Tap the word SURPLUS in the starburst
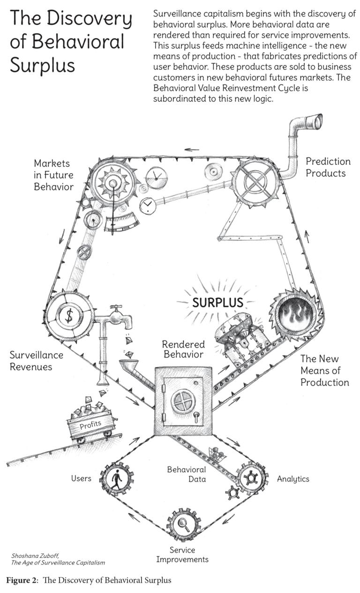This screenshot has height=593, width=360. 217,302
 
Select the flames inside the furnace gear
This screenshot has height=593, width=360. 295,312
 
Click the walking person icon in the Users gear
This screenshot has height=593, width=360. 116,479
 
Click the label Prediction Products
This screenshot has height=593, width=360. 328,167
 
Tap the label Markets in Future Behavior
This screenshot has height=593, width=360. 53,175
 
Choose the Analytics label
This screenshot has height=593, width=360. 293,479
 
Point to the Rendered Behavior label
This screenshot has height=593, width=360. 183,348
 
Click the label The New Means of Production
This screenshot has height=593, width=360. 324,371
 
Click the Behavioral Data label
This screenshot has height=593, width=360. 187,474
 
